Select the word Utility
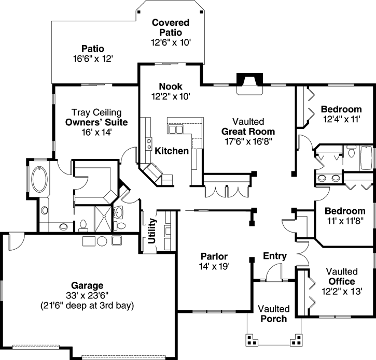[151, 231]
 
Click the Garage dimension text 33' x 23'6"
[87, 295]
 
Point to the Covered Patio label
[171, 27]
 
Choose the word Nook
[171, 86]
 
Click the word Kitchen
[172, 151]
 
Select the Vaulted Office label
[341, 277]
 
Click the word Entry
[275, 256]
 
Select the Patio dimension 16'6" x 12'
[93, 59]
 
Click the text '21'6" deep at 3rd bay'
[87, 305]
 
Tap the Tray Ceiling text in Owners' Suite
[96, 112]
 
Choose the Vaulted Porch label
[273, 314]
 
